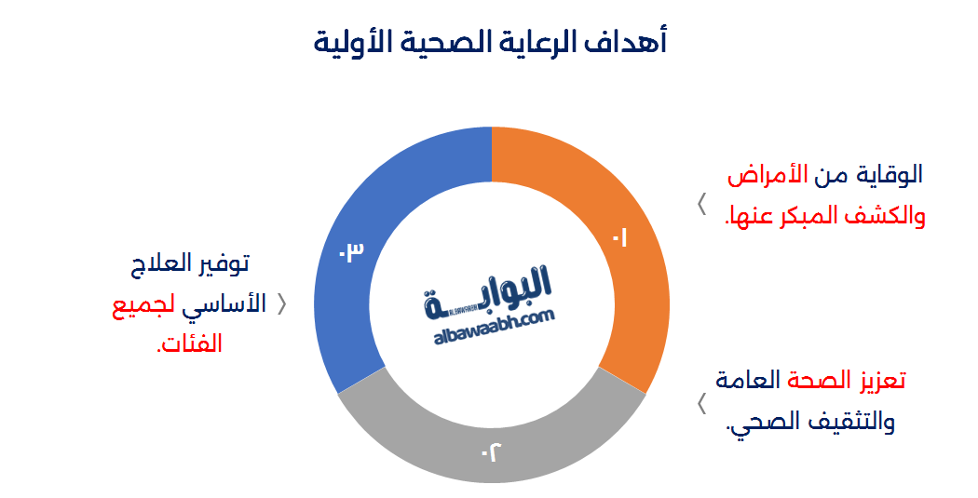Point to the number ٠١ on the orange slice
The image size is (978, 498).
click(x=619, y=239)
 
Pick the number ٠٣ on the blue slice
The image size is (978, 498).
click(x=350, y=252)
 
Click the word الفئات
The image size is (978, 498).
click(x=190, y=344)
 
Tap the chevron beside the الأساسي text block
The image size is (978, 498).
click(x=282, y=304)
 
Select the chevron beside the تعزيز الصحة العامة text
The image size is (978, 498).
click(x=701, y=402)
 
